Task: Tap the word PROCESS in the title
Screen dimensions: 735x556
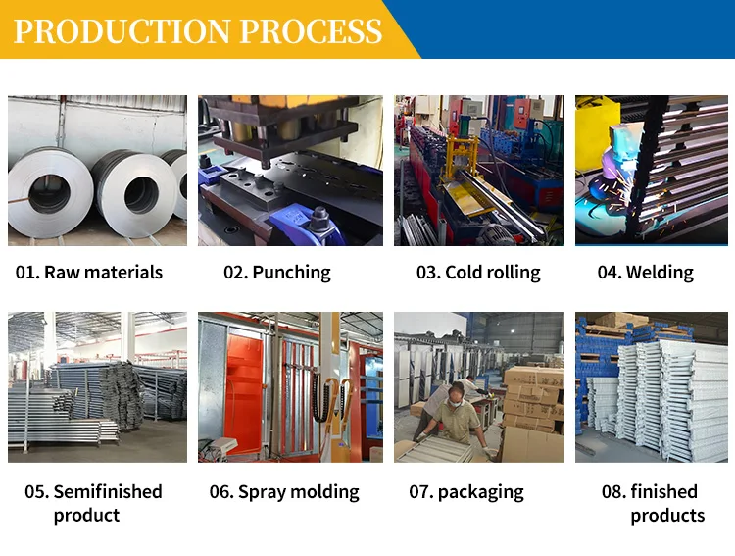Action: (x=311, y=30)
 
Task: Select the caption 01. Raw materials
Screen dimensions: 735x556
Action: (x=88, y=273)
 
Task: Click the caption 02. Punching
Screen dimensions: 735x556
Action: (x=277, y=273)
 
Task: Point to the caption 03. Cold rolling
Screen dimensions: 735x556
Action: (x=478, y=273)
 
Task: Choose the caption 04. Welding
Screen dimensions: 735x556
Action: (x=646, y=273)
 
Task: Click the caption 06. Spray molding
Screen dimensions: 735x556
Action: (x=284, y=492)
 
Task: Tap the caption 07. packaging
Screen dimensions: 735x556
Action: (x=466, y=492)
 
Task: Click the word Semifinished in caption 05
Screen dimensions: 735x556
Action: (x=108, y=491)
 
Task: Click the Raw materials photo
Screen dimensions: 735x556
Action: (x=97, y=170)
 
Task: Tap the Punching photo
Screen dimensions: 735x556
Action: (x=290, y=170)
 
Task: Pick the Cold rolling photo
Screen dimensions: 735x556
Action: (x=478, y=170)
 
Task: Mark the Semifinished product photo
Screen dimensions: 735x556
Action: (x=97, y=387)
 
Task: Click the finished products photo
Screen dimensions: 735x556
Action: (x=652, y=387)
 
